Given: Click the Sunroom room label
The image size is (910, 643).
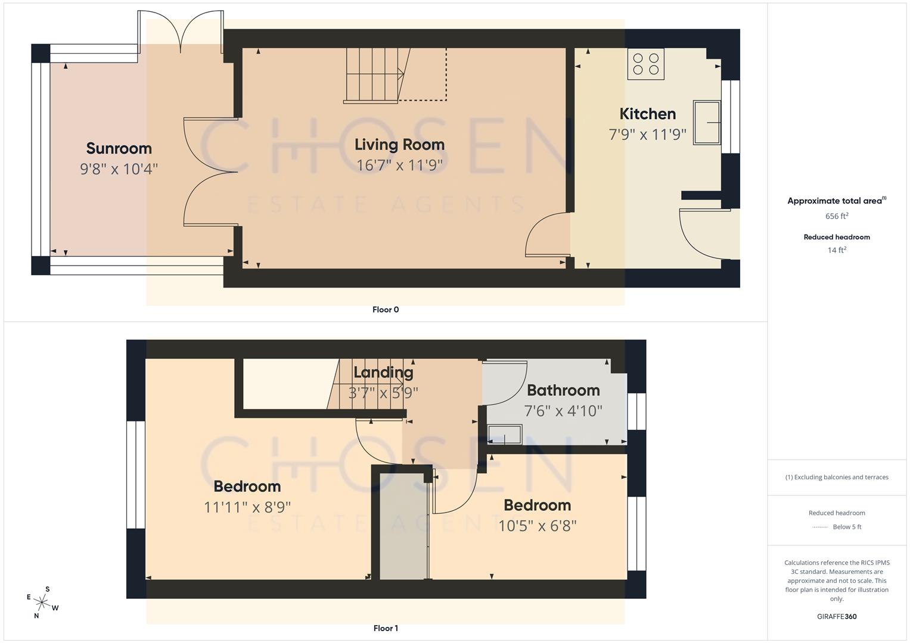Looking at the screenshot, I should coord(119,148).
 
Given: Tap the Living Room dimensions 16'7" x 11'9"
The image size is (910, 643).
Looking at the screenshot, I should coord(399,165).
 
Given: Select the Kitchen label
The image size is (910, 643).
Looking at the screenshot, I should coord(647,114).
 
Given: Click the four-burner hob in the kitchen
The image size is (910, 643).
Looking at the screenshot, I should coord(645,64).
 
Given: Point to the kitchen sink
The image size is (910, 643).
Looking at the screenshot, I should coord(707,122).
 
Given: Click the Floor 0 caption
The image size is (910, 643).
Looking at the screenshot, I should coord(386,310).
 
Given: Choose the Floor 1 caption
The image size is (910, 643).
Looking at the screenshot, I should coord(386,628).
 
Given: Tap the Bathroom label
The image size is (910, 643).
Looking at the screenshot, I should coord(563,391).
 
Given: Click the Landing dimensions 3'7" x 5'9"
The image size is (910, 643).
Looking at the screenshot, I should coord(383,393).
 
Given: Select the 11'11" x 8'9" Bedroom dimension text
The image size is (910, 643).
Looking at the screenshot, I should coord(247,507).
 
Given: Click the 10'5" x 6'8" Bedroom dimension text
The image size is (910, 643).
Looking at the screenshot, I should coord(538,526).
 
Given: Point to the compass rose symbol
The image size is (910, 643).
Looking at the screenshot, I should coord(42,603).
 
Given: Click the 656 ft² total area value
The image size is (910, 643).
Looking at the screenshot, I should coord(837,216).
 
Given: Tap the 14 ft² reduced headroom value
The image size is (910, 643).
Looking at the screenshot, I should coord(837,250).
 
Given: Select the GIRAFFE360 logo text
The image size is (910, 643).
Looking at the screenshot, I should coord(837,616).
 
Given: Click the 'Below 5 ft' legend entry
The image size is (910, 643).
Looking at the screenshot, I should coord(847,527).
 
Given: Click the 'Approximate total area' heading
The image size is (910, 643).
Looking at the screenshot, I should coord(834,201).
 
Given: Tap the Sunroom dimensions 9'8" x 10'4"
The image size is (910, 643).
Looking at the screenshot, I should coord(119,169).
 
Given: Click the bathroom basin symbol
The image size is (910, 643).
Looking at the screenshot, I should coord(505,434).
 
